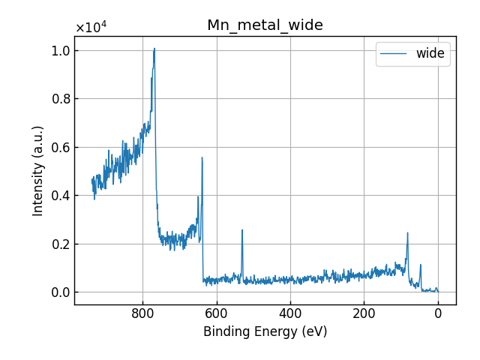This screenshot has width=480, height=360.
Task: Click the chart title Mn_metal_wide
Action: point(265,25)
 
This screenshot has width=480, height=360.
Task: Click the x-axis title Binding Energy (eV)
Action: point(265,331)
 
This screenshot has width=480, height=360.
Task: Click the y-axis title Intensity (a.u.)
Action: point(38,170)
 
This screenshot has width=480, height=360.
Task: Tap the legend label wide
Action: point(430,53)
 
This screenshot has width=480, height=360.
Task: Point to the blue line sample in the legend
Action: point(394,53)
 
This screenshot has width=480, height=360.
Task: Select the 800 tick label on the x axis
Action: point(142,315)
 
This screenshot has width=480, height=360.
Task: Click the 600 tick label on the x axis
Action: point(217,315)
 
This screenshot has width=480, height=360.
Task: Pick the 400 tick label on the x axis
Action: point(290,315)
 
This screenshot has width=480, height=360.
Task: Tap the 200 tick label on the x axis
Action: point(364,315)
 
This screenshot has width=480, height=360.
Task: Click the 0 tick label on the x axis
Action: point(438,315)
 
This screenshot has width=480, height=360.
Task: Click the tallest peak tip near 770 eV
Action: point(154,49)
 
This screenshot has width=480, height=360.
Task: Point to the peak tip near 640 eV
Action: point(202,157)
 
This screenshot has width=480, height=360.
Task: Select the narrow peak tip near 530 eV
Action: point(242,230)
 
